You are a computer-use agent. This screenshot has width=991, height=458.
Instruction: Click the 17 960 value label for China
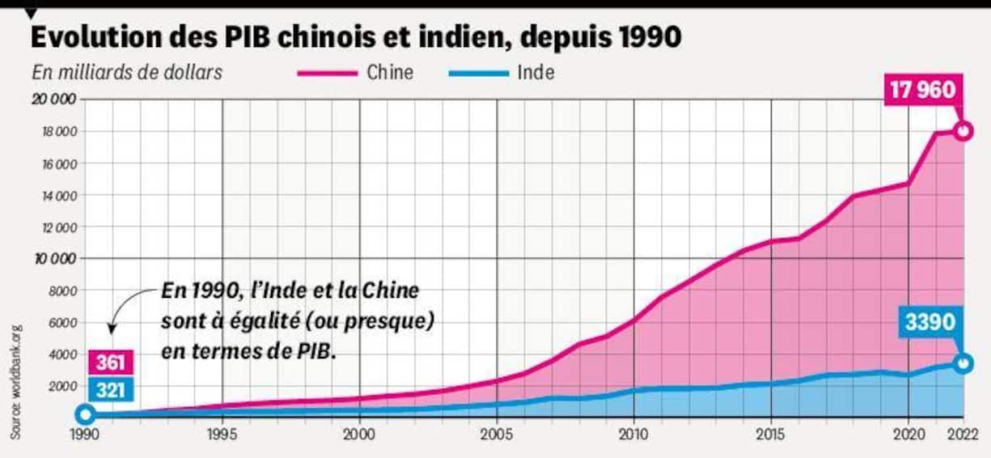click(x=922, y=89)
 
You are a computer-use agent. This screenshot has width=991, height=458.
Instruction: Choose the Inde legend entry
click(x=536, y=72)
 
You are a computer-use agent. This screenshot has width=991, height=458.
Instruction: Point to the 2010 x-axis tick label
click(x=633, y=434)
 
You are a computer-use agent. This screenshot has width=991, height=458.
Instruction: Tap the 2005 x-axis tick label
click(x=496, y=434)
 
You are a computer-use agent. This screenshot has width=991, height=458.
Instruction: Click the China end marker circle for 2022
click(x=963, y=131)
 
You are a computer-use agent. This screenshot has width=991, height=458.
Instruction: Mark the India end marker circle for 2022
click(x=963, y=363)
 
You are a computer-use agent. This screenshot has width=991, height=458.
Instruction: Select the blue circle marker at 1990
click(x=85, y=415)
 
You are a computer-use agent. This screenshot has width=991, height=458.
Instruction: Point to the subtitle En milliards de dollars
click(x=127, y=72)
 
